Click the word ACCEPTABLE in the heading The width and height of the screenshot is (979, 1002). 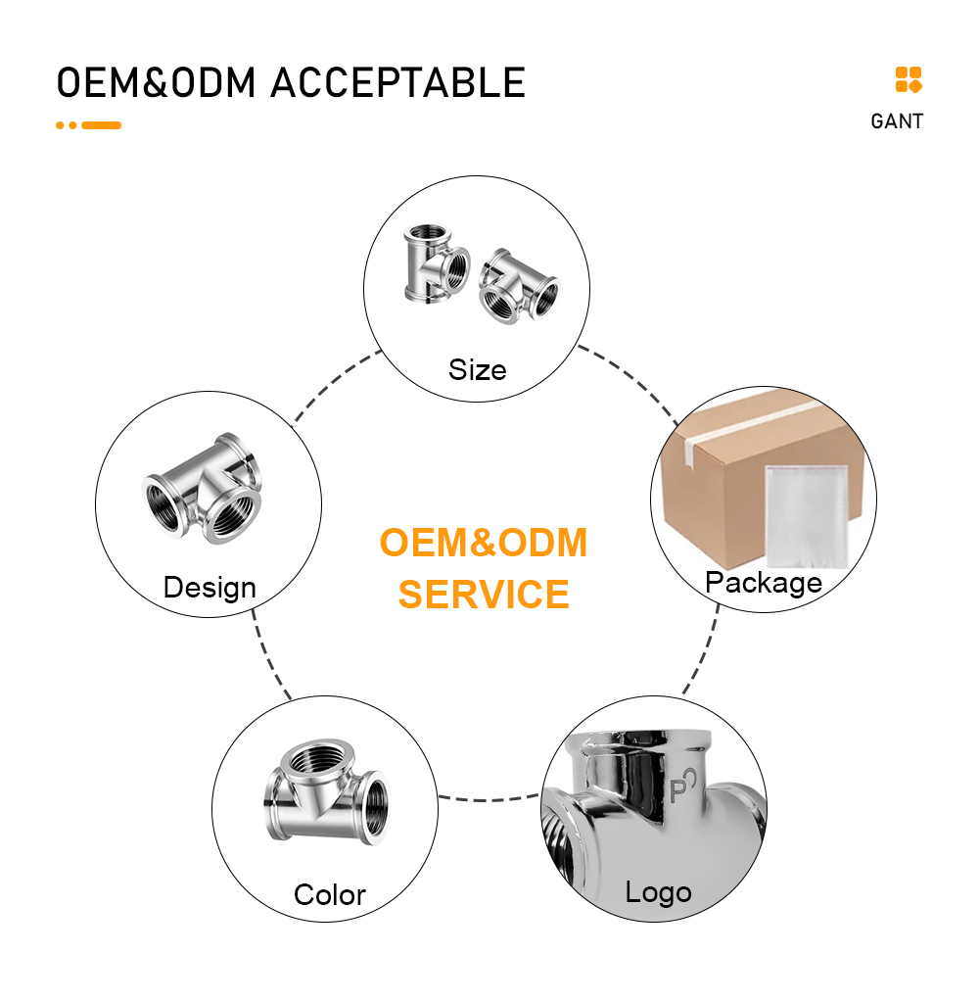[x=397, y=83]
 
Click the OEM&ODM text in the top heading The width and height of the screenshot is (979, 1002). [x=156, y=83]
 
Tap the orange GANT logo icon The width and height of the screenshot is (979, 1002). [x=909, y=80]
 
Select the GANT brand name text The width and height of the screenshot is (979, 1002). [x=897, y=121]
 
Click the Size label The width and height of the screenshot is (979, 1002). [x=477, y=370]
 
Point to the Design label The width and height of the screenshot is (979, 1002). [x=210, y=588]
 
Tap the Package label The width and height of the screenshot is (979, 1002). [x=764, y=583]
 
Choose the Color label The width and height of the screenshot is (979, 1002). [x=330, y=894]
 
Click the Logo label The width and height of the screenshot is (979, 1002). [x=659, y=892]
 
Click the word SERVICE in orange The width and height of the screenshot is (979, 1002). [x=484, y=595]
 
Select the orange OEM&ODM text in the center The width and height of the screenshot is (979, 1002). [x=484, y=543]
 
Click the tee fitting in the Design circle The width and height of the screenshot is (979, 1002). [x=202, y=488]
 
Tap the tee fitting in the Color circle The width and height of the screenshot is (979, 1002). [x=326, y=793]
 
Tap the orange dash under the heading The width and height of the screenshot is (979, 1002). [x=102, y=125]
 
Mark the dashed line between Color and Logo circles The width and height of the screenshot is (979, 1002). [x=489, y=799]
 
